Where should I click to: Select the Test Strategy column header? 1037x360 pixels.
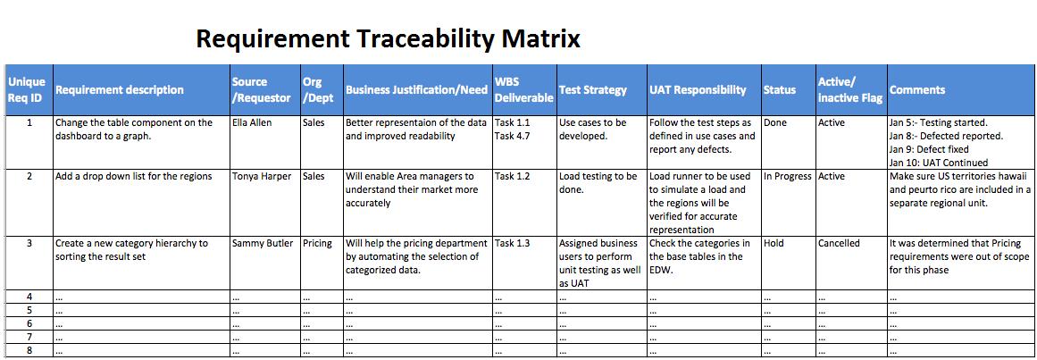tap(592, 90)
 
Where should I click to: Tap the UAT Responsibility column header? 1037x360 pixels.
tap(698, 90)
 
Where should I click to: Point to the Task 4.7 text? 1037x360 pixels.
tap(512, 136)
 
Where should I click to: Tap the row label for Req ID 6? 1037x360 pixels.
tap(29, 323)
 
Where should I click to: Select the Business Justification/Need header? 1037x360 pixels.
tap(416, 90)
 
